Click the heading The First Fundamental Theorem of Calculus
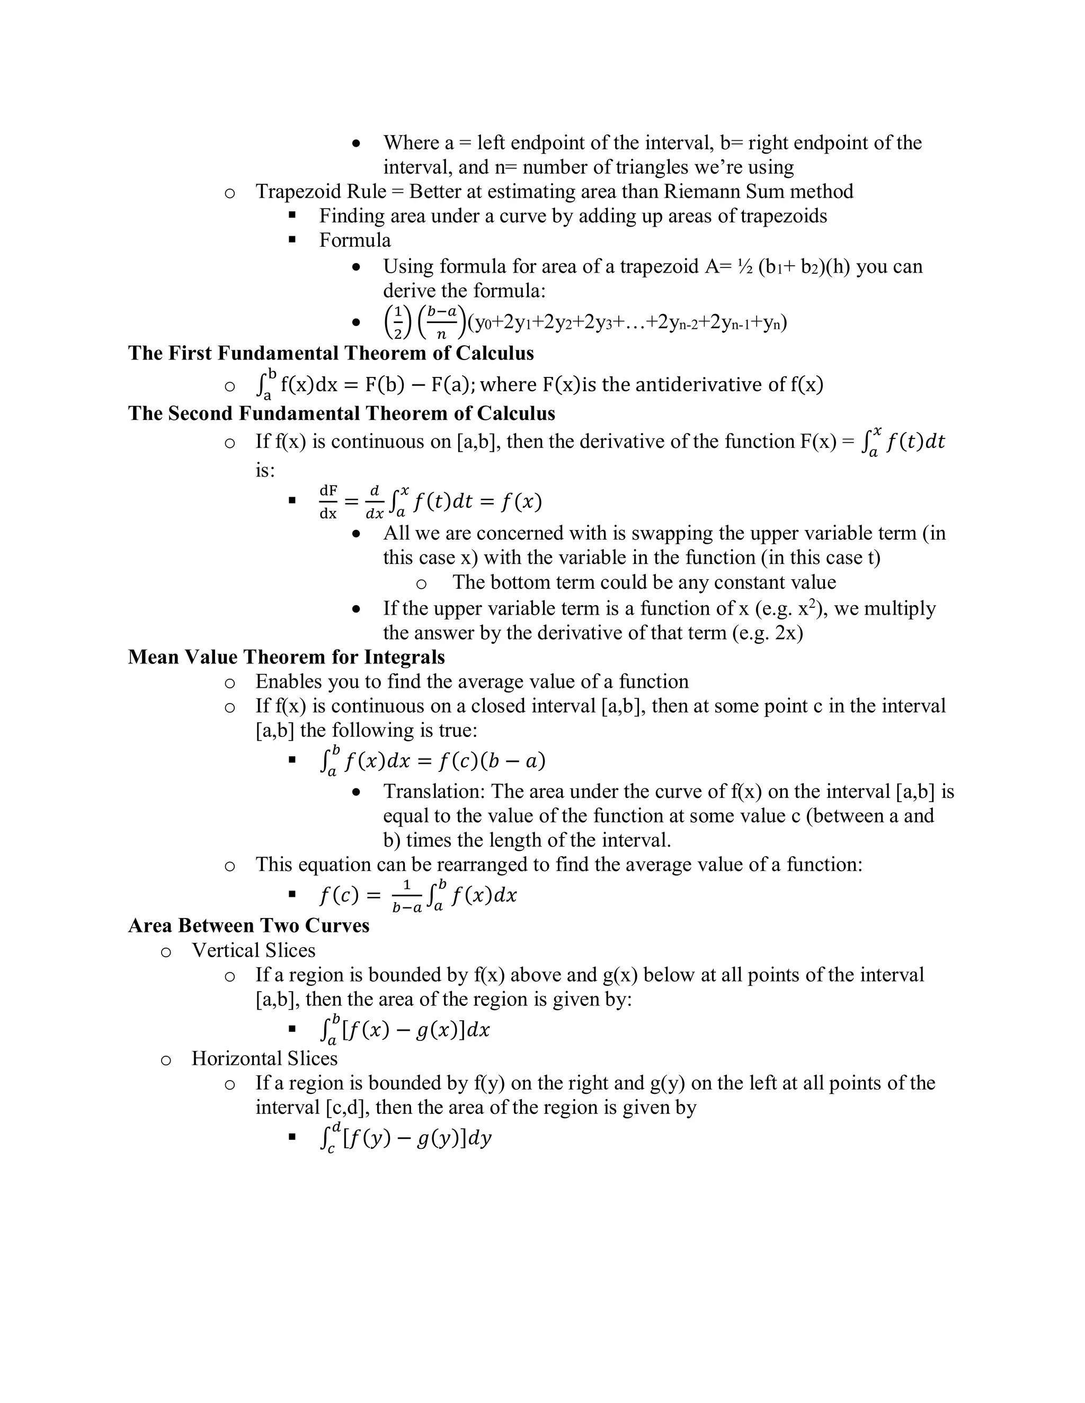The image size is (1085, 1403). tap(331, 353)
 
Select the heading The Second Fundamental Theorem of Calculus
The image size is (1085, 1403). tap(341, 413)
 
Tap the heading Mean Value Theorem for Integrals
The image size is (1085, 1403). tap(286, 657)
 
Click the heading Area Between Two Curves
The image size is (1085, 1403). tap(249, 925)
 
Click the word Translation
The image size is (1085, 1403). tap(434, 792)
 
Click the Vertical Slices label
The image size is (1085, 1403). tap(253, 951)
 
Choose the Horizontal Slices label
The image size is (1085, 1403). tap(264, 1059)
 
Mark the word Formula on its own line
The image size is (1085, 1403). tap(355, 240)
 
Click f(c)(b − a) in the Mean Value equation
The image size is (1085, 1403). tap(492, 761)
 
